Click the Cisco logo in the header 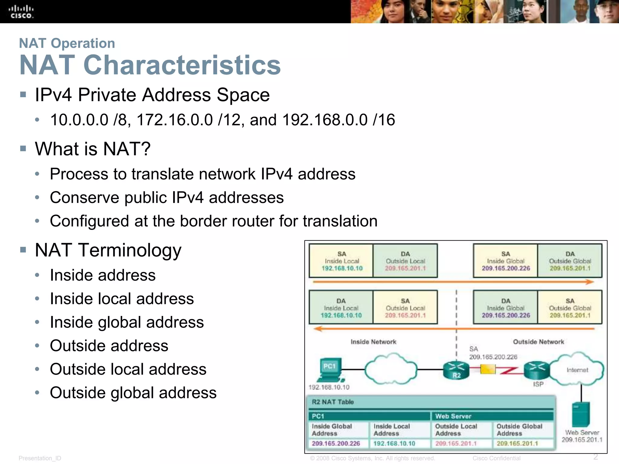click(x=21, y=12)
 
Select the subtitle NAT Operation click(x=67, y=43)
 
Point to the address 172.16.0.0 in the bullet click(x=175, y=120)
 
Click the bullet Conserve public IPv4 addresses click(x=167, y=198)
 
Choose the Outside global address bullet click(x=133, y=393)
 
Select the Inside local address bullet click(x=122, y=299)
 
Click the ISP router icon click(x=536, y=370)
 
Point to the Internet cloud click(x=577, y=370)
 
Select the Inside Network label click(x=373, y=342)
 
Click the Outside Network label click(x=538, y=342)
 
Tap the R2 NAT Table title click(x=332, y=402)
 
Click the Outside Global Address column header click(x=519, y=430)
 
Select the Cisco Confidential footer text click(x=496, y=458)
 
